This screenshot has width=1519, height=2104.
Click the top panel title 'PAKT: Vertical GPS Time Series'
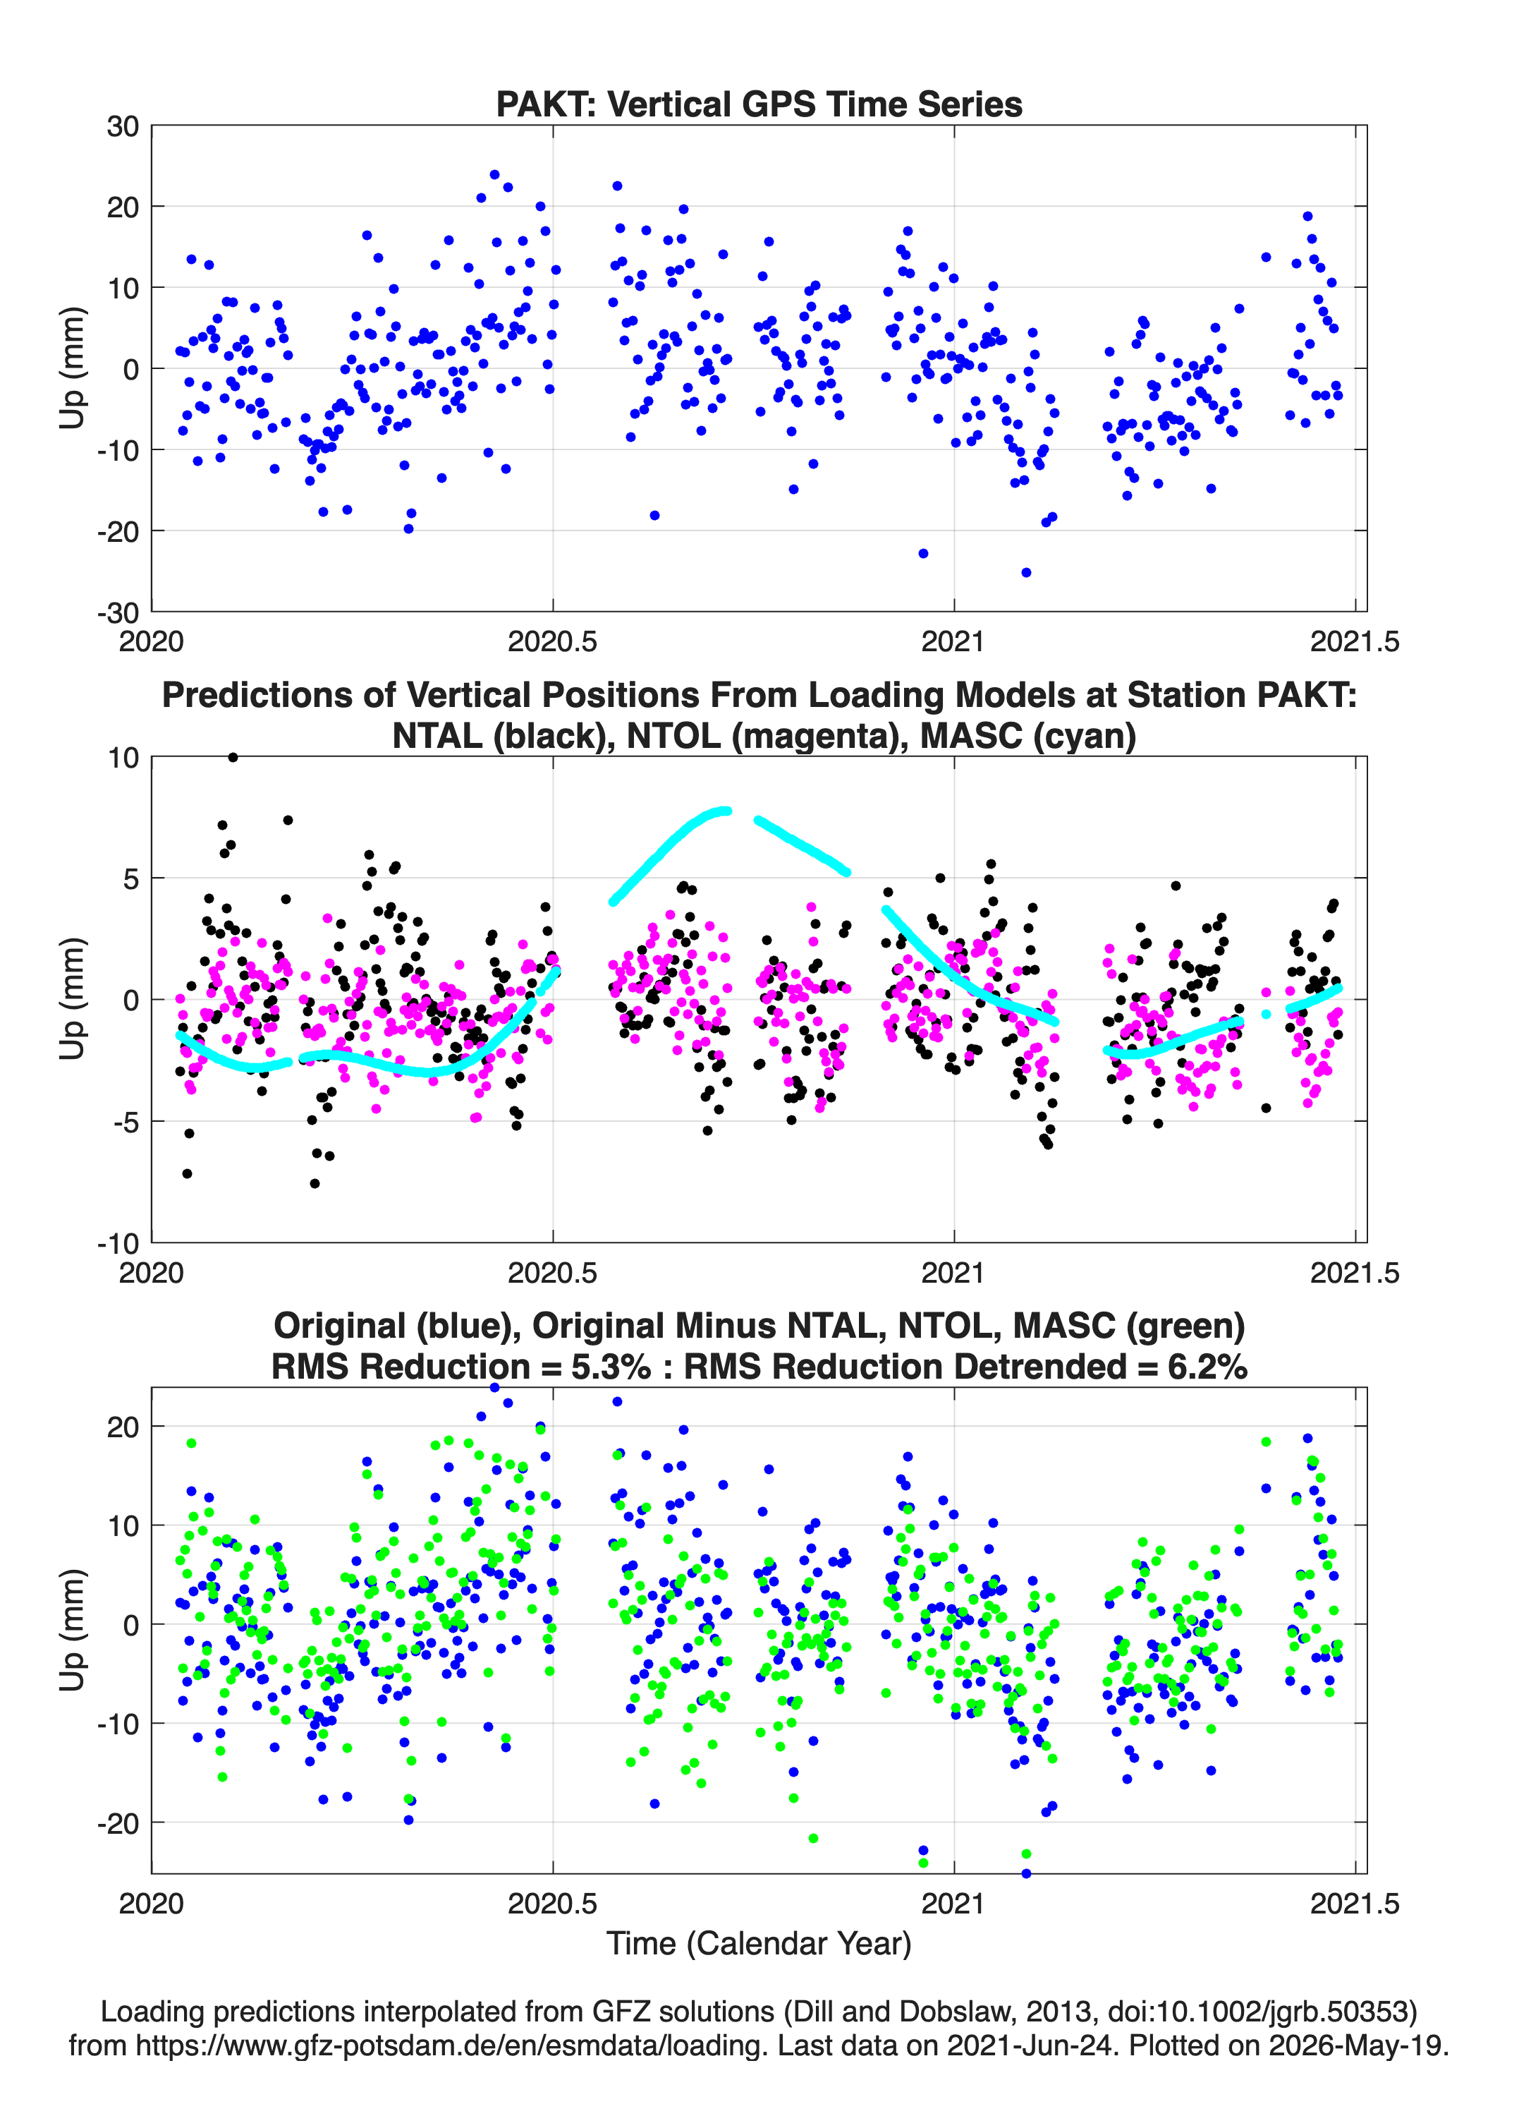tap(759, 104)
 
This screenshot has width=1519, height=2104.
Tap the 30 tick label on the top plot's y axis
tap(123, 126)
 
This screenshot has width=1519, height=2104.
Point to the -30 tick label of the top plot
tap(118, 612)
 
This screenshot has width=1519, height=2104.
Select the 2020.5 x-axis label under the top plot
tap(553, 641)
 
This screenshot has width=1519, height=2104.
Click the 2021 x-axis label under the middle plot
tap(953, 1272)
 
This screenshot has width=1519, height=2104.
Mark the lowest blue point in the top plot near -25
tap(1025, 572)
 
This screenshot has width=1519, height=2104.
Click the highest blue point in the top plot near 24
tap(494, 174)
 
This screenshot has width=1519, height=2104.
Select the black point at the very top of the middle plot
tap(233, 757)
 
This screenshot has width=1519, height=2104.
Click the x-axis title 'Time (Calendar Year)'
tap(759, 1944)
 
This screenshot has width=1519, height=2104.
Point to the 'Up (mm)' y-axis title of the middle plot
tap(73, 999)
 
